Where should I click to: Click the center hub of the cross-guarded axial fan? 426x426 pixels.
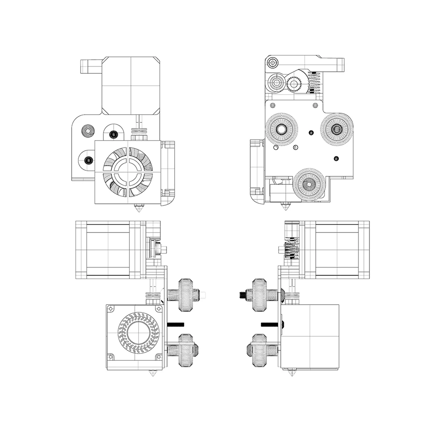point(127,172)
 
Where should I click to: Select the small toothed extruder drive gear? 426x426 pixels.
point(294,84)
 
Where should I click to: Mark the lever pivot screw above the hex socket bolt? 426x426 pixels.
point(273,63)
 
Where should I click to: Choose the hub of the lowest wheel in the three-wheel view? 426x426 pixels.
point(309,184)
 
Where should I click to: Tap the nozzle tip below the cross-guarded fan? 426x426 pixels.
point(139,209)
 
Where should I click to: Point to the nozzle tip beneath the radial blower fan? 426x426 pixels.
point(151,374)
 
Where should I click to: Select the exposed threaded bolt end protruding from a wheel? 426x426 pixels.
point(242,294)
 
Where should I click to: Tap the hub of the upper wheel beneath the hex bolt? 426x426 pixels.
point(281,129)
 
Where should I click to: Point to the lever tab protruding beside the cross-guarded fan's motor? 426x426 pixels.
point(91,66)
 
